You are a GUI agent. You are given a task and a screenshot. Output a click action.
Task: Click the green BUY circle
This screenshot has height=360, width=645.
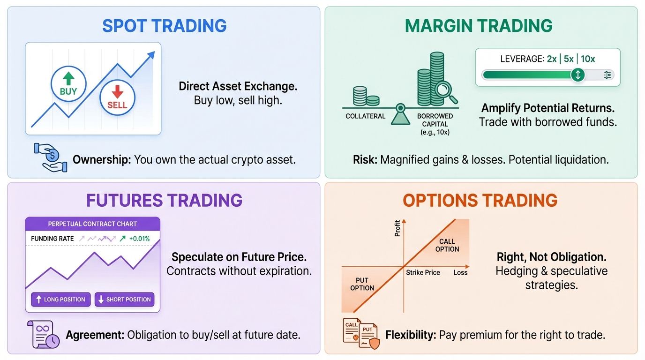pyautogui.click(x=68, y=83)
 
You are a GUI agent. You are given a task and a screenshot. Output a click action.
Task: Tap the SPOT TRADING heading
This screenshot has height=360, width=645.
pyautogui.click(x=164, y=26)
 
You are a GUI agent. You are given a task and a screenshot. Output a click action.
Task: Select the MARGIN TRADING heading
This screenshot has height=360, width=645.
pyautogui.click(x=479, y=26)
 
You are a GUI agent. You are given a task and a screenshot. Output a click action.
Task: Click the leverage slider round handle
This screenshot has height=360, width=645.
pyautogui.click(x=577, y=75)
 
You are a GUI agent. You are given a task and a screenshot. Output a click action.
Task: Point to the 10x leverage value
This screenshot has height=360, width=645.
pyautogui.click(x=588, y=59)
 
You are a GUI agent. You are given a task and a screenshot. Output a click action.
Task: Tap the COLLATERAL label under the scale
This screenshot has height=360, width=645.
pyautogui.click(x=365, y=116)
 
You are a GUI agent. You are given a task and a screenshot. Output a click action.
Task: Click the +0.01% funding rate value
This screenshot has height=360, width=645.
pyautogui.click(x=140, y=239)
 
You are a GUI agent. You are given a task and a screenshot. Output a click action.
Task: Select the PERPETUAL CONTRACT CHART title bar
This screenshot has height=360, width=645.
pyautogui.click(x=92, y=224)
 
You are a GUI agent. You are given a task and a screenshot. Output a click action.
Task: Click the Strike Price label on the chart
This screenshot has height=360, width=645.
pyautogui.click(x=423, y=272)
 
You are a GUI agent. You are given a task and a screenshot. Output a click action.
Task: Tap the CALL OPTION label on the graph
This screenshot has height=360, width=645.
pyautogui.click(x=447, y=245)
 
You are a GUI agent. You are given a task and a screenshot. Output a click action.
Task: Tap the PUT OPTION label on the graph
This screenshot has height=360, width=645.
pyautogui.click(x=362, y=284)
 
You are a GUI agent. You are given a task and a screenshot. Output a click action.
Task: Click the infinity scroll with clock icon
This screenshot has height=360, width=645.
pyautogui.click(x=43, y=334)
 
